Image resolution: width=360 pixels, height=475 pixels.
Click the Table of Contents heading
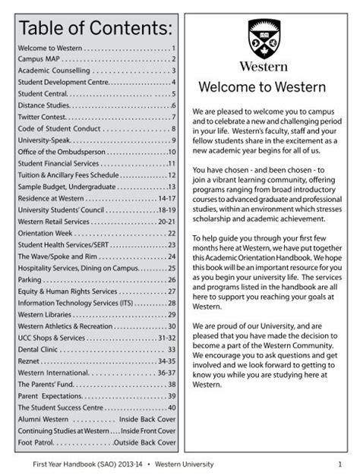[x=96, y=28]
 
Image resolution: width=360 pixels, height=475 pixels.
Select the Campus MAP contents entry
[x=96, y=58]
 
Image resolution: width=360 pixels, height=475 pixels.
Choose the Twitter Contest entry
[x=96, y=117]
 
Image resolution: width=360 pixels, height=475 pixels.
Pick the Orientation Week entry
[x=96, y=233]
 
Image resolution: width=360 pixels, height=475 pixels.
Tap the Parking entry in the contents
[x=96, y=279]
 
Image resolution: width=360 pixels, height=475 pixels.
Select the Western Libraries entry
[x=96, y=314]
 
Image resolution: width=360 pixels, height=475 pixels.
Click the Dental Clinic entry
[x=96, y=349]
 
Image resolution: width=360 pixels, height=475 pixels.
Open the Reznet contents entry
[x=96, y=361]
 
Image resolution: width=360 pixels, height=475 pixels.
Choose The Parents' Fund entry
[x=96, y=384]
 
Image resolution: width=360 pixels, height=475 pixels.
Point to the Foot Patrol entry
[x=96, y=442]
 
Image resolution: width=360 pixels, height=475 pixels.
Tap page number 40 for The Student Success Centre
[x=171, y=407]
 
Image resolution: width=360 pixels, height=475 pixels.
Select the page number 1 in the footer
[x=340, y=464]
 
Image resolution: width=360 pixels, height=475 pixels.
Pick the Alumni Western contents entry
[x=96, y=419]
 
